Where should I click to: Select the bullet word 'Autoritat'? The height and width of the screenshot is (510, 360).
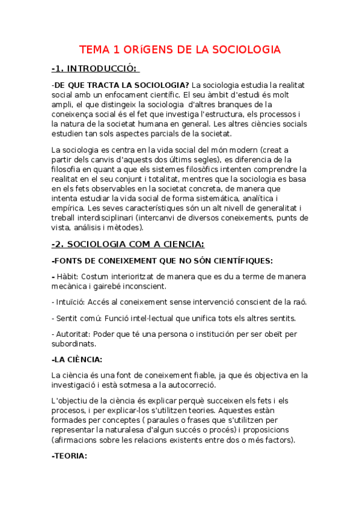click(x=75, y=334)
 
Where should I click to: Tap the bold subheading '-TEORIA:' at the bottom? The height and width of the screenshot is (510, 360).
click(x=70, y=456)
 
